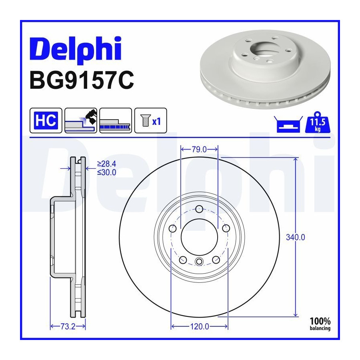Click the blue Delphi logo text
pyautogui.click(x=76, y=49)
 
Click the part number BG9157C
pyautogui.click(x=82, y=80)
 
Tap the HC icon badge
pyautogui.click(x=46, y=120)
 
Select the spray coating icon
pyautogui.click(x=81, y=120)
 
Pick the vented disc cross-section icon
pyautogui.click(x=116, y=120)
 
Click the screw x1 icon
pyautogui.click(x=151, y=120)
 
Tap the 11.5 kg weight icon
pyautogui.click(x=318, y=122)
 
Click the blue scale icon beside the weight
pyautogui.click(x=288, y=124)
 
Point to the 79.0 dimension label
pyautogui.click(x=199, y=150)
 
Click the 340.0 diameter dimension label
pyautogui.click(x=296, y=237)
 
